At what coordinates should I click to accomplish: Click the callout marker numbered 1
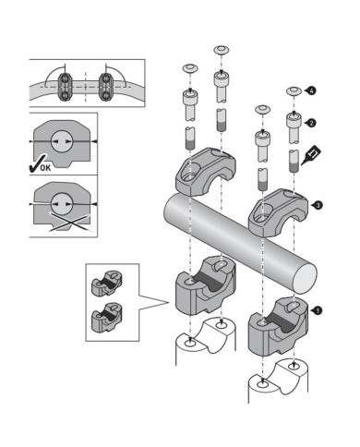pos(318,311)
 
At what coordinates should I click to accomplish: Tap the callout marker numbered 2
pos(311,123)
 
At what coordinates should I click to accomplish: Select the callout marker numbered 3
pos(318,205)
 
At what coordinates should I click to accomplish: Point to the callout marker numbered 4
pos(311,91)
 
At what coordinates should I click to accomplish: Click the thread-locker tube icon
pos(311,155)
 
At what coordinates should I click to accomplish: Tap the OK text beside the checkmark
pos(46,168)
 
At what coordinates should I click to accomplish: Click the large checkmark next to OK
pos(35,164)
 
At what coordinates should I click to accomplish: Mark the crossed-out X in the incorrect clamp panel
pos(71,223)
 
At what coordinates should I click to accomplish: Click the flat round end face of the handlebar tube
pos(305,279)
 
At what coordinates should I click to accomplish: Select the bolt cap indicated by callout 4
pos(294,91)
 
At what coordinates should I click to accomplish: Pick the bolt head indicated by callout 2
pos(294,119)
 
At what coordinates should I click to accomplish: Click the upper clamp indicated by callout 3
pos(278,212)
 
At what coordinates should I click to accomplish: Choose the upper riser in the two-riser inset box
pos(107,284)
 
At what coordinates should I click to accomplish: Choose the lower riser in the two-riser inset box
pos(107,318)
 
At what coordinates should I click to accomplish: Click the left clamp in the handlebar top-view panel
pos(66,87)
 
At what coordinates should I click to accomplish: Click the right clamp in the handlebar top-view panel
pos(106,87)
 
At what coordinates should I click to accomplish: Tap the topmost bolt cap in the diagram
pos(221,49)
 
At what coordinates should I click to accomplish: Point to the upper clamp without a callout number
pos(206,172)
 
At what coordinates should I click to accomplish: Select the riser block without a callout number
pos(205,285)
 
